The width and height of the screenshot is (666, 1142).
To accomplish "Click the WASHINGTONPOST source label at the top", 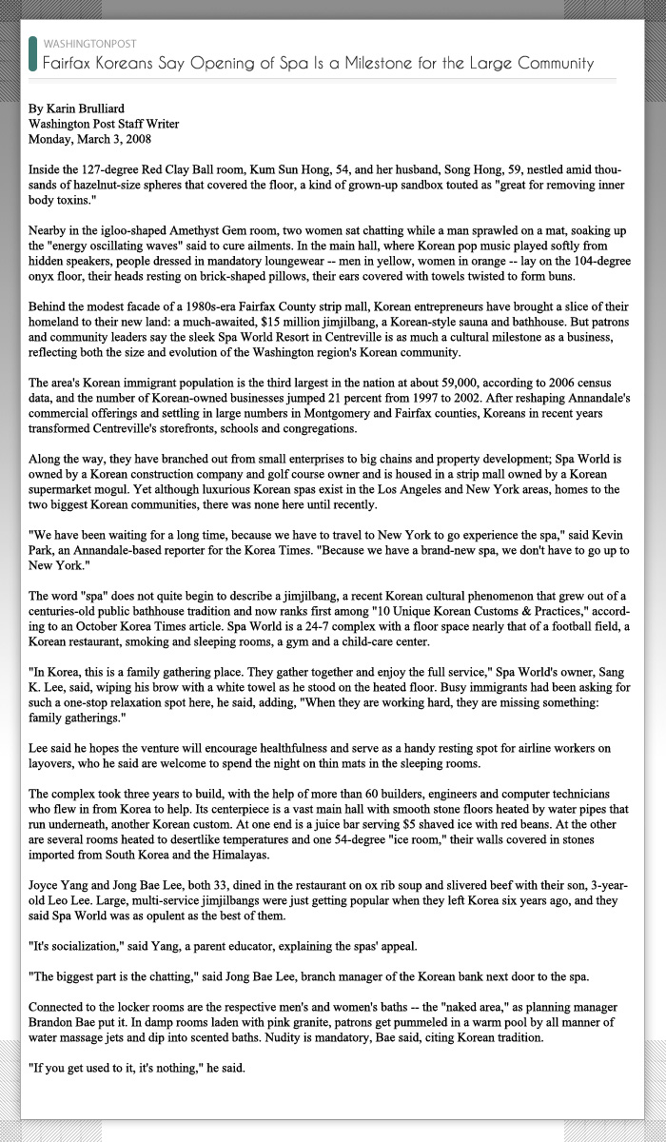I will pyautogui.click(x=89, y=44).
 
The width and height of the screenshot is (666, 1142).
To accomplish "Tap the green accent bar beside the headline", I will pyautogui.click(x=33, y=54).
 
